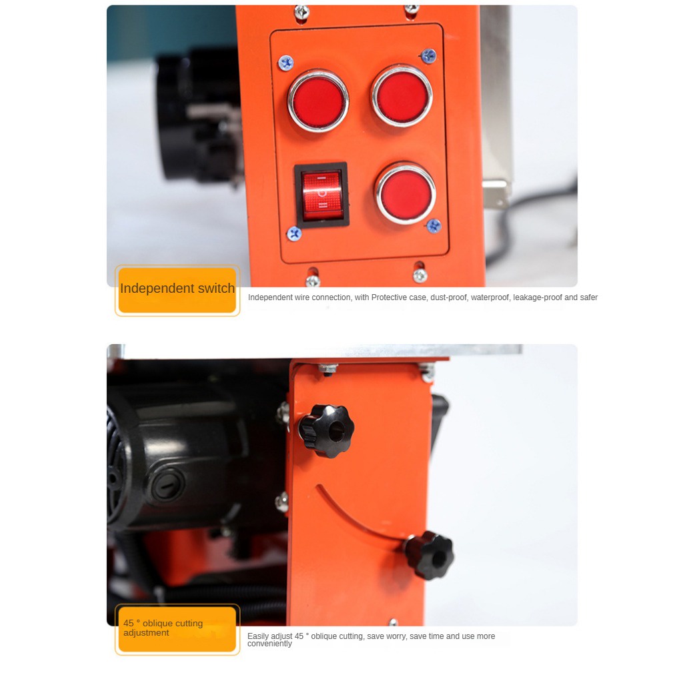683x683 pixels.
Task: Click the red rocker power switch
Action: (321, 195)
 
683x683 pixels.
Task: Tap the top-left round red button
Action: (318, 101)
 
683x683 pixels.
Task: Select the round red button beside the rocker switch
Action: (406, 193)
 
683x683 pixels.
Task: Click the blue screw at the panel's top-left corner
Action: (285, 63)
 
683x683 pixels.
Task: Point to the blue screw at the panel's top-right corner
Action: (428, 56)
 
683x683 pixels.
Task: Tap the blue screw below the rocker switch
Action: (294, 234)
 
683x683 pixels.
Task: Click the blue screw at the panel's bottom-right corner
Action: (434, 225)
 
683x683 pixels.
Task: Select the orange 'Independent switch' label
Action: (177, 290)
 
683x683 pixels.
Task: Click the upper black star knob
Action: (326, 431)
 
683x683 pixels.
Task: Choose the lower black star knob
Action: (429, 555)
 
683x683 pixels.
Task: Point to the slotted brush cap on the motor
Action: (167, 484)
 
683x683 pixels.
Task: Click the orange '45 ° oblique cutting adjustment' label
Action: (177, 629)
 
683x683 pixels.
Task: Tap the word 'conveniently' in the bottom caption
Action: (269, 644)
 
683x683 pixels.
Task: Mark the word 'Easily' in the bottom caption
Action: (258, 636)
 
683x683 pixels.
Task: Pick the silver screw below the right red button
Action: (420, 275)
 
